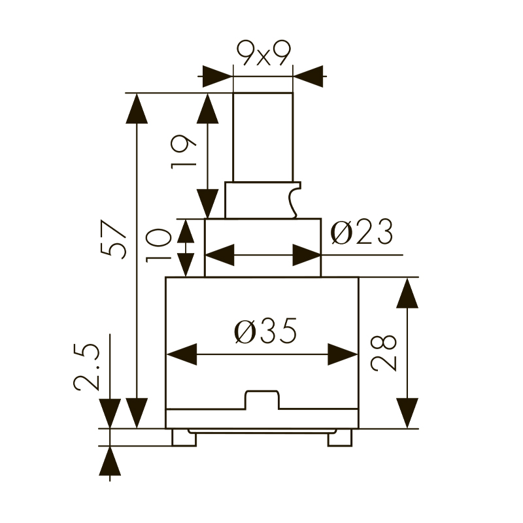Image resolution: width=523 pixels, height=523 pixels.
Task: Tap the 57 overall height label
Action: pyautogui.click(x=113, y=240)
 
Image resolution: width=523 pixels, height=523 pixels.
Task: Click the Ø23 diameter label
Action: pyautogui.click(x=362, y=233)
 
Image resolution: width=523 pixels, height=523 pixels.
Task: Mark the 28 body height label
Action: pyautogui.click(x=385, y=353)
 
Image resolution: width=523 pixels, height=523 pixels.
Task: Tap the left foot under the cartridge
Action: pyautogui.click(x=184, y=437)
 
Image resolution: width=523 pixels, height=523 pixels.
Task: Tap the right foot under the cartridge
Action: pyautogui.click(x=339, y=437)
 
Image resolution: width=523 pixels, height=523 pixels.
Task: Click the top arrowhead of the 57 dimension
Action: pyautogui.click(x=137, y=108)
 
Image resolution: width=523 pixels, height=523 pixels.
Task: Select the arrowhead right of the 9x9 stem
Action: pyautogui.click(x=309, y=76)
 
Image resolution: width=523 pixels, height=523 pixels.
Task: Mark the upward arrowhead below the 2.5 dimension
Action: pyautogui.click(x=110, y=461)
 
